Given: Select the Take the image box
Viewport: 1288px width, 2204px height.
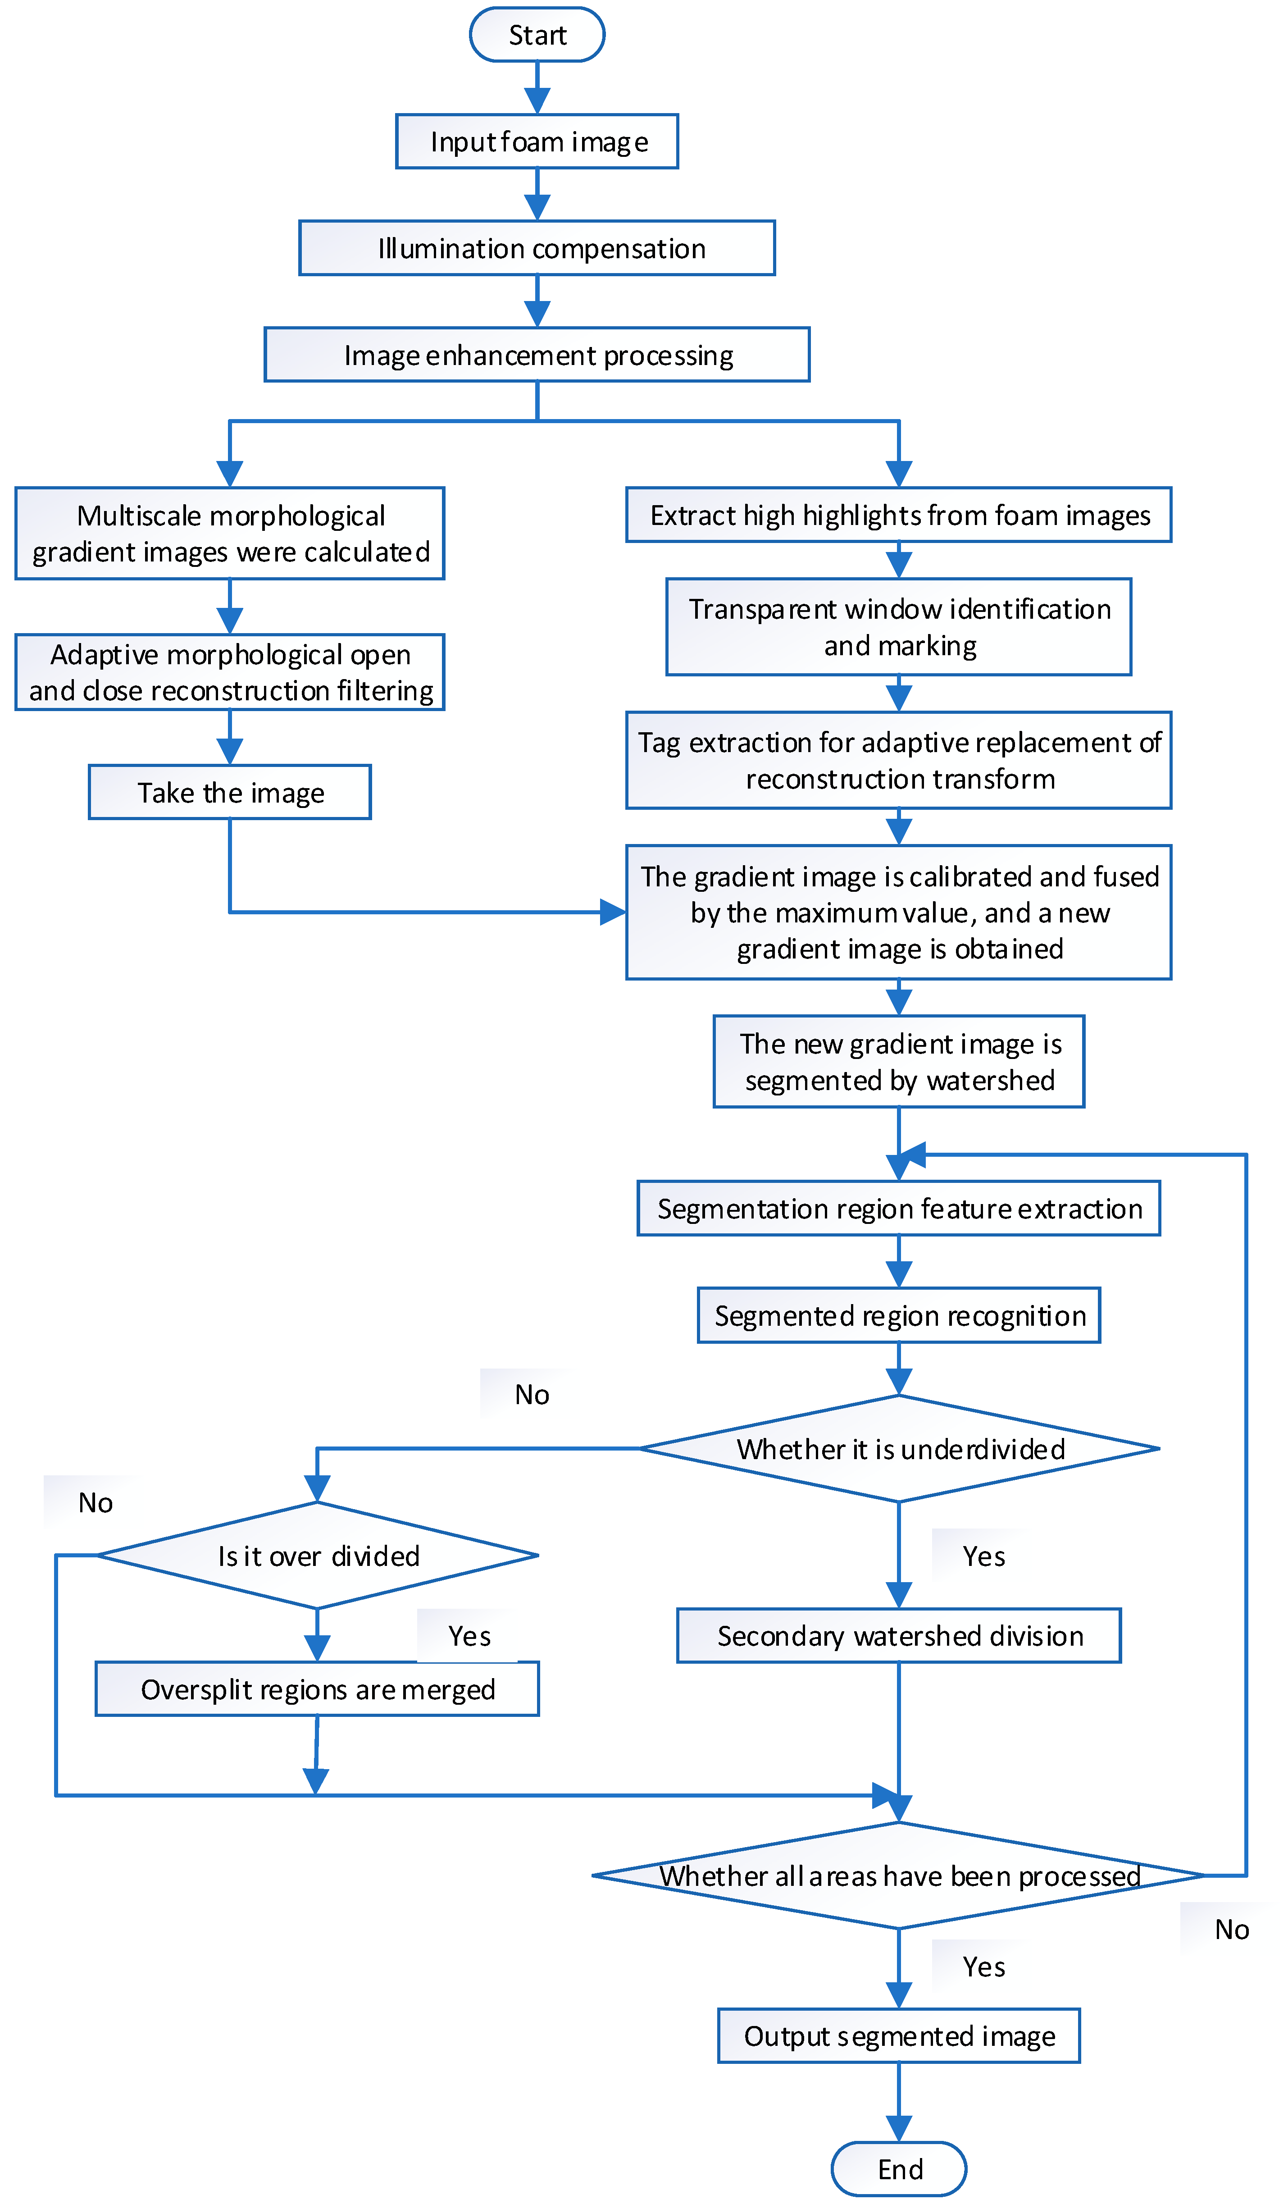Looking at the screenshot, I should tap(229, 792).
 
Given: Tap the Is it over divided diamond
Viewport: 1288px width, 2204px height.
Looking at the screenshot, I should tap(318, 1556).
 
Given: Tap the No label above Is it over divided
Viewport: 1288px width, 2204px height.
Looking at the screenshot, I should tap(96, 1502).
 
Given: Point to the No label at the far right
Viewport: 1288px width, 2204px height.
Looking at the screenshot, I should tap(1231, 1930).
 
